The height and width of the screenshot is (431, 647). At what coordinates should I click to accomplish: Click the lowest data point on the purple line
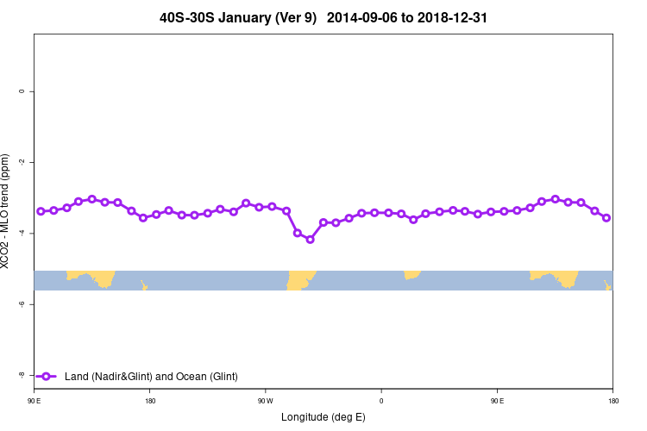[311, 240]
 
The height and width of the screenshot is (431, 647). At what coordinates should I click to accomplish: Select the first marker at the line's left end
[41, 211]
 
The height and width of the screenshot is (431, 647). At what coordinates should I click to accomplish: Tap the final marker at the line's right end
[606, 218]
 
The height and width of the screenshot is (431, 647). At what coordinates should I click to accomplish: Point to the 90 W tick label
[265, 401]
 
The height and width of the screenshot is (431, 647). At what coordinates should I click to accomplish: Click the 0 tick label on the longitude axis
[381, 401]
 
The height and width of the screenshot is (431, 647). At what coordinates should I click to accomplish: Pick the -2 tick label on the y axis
[21, 162]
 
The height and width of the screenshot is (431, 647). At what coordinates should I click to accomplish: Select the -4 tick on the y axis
[21, 234]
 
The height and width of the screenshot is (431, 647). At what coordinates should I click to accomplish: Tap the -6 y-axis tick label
[21, 304]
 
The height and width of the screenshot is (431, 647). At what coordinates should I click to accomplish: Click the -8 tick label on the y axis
[21, 375]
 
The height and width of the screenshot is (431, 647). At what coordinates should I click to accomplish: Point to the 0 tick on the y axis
[21, 91]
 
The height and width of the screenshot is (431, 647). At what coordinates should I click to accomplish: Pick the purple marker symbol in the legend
[46, 376]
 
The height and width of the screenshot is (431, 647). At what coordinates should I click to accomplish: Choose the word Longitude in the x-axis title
[305, 417]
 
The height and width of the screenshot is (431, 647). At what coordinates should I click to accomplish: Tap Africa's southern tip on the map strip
[411, 275]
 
